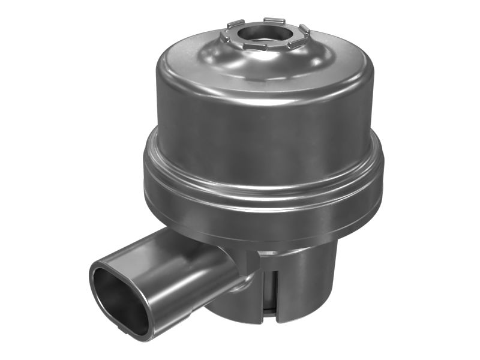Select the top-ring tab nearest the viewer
[x=255, y=47]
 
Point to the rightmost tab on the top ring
[x=304, y=29]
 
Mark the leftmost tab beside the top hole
[x=224, y=37]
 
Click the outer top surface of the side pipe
[x=174, y=246]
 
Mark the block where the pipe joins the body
[x=248, y=261]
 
